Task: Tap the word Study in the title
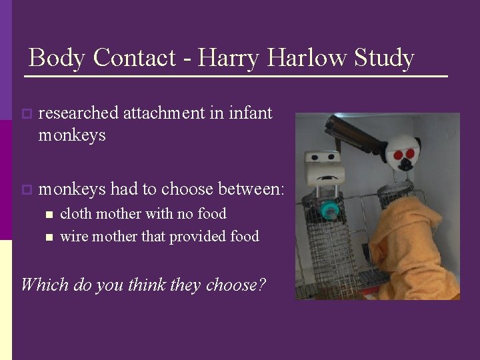pos(383,58)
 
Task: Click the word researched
pos(79,113)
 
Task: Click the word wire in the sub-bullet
pos(74,236)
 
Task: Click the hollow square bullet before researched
pos(26,114)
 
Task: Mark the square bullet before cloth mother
pos(49,215)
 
